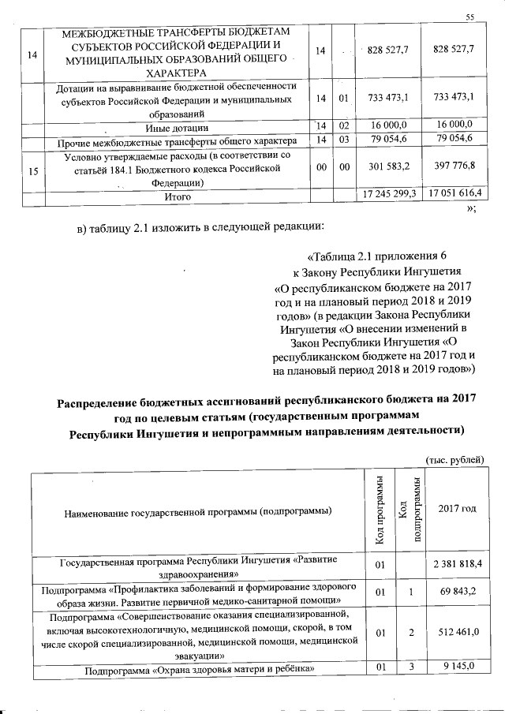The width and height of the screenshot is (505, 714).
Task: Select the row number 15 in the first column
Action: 32,169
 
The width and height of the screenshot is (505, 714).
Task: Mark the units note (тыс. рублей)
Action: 454,460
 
